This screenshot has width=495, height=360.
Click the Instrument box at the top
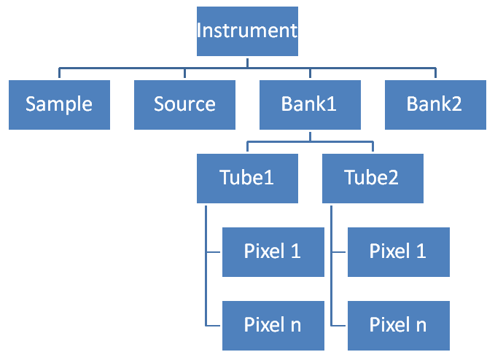tap(247, 31)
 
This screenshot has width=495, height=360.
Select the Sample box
tap(59, 104)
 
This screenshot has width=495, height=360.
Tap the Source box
tap(184, 104)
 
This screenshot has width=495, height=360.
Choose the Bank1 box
tap(310, 104)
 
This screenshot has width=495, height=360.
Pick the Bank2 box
tap(435, 104)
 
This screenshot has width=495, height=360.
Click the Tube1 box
tap(247, 178)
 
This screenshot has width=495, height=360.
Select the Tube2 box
tap(373, 178)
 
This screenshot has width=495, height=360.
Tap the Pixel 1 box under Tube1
tap(273, 251)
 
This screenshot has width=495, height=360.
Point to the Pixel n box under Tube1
tap(273, 325)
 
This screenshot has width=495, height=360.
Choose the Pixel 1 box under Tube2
tap(398, 251)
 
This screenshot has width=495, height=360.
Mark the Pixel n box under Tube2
tap(398, 325)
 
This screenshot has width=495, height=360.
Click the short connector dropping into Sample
tap(59, 74)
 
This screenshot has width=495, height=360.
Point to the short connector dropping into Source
tap(184, 74)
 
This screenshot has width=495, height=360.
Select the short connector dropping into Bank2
tap(435, 74)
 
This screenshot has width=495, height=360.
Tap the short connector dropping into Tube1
tap(247, 147)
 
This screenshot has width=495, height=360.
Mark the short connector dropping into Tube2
tap(373, 147)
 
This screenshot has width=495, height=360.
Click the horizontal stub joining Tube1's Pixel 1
tap(214, 253)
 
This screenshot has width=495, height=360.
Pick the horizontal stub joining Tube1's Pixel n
tap(214, 326)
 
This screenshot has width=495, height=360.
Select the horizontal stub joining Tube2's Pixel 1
tap(340, 253)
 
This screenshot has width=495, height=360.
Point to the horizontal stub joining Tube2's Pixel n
tap(340, 326)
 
